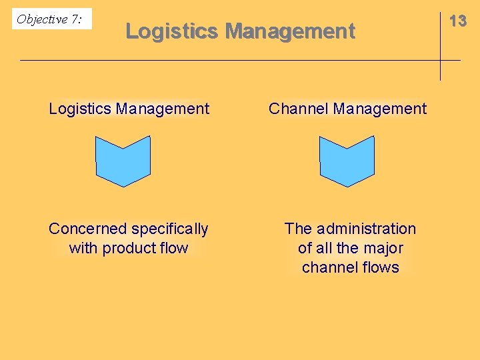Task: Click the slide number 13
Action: (458, 21)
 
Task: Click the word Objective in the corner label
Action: (42, 19)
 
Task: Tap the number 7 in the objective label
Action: (75, 19)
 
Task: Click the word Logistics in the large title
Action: (172, 31)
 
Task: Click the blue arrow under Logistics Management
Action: (123, 161)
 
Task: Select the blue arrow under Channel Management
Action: (347, 161)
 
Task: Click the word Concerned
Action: (87, 229)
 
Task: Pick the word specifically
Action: (169, 229)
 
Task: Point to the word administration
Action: (366, 229)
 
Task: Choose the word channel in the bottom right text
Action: (327, 267)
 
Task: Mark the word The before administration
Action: (298, 229)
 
